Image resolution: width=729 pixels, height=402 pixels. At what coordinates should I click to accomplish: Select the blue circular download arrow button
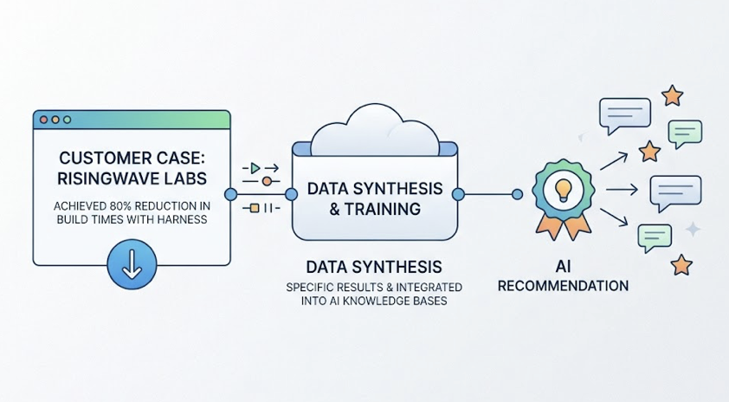pyautogui.click(x=132, y=264)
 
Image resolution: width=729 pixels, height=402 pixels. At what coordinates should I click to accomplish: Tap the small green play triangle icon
pyautogui.click(x=255, y=166)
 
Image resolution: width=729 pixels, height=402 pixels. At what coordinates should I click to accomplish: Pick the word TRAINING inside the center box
pyautogui.click(x=389, y=209)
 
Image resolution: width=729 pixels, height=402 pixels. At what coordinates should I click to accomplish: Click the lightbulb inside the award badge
pyautogui.click(x=564, y=188)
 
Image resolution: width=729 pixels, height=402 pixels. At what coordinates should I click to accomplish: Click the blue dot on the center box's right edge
pyautogui.click(x=459, y=194)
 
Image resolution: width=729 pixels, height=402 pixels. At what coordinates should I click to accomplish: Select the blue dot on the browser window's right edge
pyautogui.click(x=230, y=194)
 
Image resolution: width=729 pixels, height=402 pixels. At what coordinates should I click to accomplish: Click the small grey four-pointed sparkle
pyautogui.click(x=693, y=229)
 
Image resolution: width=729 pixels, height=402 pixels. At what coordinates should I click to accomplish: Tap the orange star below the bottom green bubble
pyautogui.click(x=681, y=264)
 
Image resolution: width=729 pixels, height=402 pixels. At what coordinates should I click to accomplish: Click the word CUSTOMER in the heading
pyautogui.click(x=97, y=160)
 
